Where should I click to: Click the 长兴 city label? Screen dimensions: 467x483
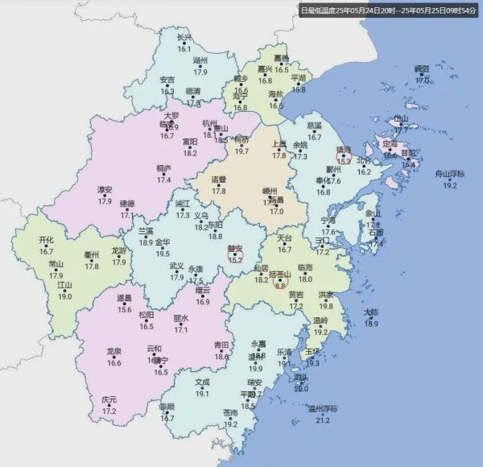pos(184,37)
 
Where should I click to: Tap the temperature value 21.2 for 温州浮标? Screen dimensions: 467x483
pos(323,420)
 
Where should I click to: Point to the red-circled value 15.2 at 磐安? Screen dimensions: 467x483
pos(236,259)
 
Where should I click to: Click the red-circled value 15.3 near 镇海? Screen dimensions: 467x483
pos(345,161)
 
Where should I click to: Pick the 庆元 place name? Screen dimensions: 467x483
pos(109,399)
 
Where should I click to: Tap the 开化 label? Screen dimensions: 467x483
pos(47,240)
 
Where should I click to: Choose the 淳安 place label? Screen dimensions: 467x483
pos(105,190)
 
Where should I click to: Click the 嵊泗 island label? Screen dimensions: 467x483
pos(423,69)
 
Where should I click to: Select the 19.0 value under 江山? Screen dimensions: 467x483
pos(64,296)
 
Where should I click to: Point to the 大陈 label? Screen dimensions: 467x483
pos(370,312)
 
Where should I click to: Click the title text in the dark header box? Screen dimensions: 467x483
pos(386,11)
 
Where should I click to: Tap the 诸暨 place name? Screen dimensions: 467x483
pos(218,179)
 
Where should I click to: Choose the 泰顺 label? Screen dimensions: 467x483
pos(167,407)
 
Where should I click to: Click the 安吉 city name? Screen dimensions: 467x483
pos(167,80)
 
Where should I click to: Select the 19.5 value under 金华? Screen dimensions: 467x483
pos(163,253)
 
